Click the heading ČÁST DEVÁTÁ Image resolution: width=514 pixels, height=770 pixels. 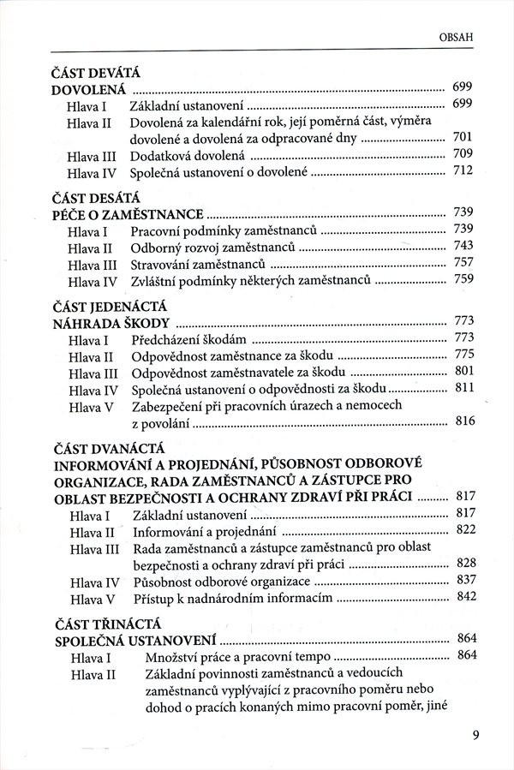pos(95,73)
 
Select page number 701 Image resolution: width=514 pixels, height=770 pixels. pos(463,137)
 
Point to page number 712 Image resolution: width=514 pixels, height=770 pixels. pos(463,173)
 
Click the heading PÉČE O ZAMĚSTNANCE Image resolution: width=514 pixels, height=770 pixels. pos(127,212)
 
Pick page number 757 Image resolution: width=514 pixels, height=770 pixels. pos(463,263)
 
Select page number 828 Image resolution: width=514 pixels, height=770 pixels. pos(463,564)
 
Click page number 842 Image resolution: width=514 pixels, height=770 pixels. pos(463,597)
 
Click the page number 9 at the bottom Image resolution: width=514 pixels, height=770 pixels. pos(475,733)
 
